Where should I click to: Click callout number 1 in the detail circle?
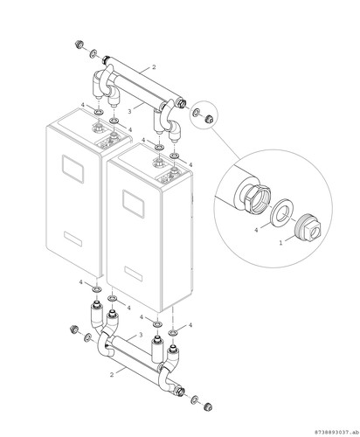point(280,242)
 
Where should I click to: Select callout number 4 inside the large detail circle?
point(256,230)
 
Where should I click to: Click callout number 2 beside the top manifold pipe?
point(154,67)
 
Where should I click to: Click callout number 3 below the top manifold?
point(130,111)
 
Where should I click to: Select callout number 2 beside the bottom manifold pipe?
point(112,375)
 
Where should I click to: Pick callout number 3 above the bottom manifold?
point(141,336)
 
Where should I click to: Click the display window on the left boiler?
point(73,169)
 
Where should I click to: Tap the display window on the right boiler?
point(133,204)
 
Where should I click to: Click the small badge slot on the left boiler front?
point(73,239)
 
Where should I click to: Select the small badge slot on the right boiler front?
point(134,274)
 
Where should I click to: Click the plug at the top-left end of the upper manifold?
point(79,45)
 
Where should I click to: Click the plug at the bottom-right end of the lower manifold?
point(208,406)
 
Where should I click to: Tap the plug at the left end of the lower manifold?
point(74,329)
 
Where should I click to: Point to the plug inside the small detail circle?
point(209,119)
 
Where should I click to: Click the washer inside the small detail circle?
point(197,112)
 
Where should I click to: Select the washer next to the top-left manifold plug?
point(93,54)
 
